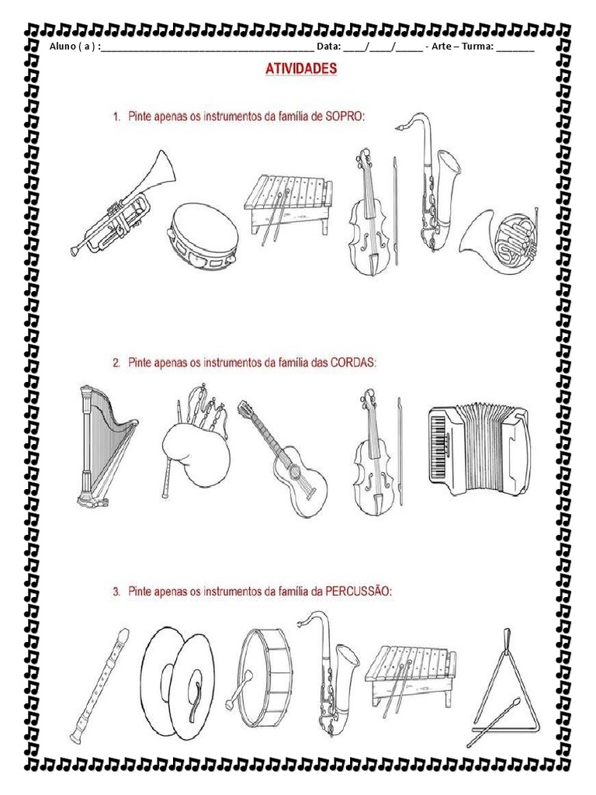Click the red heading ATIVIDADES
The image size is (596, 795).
tap(301, 68)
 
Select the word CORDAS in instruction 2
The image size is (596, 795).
tap(353, 363)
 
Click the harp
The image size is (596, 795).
tap(105, 446)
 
